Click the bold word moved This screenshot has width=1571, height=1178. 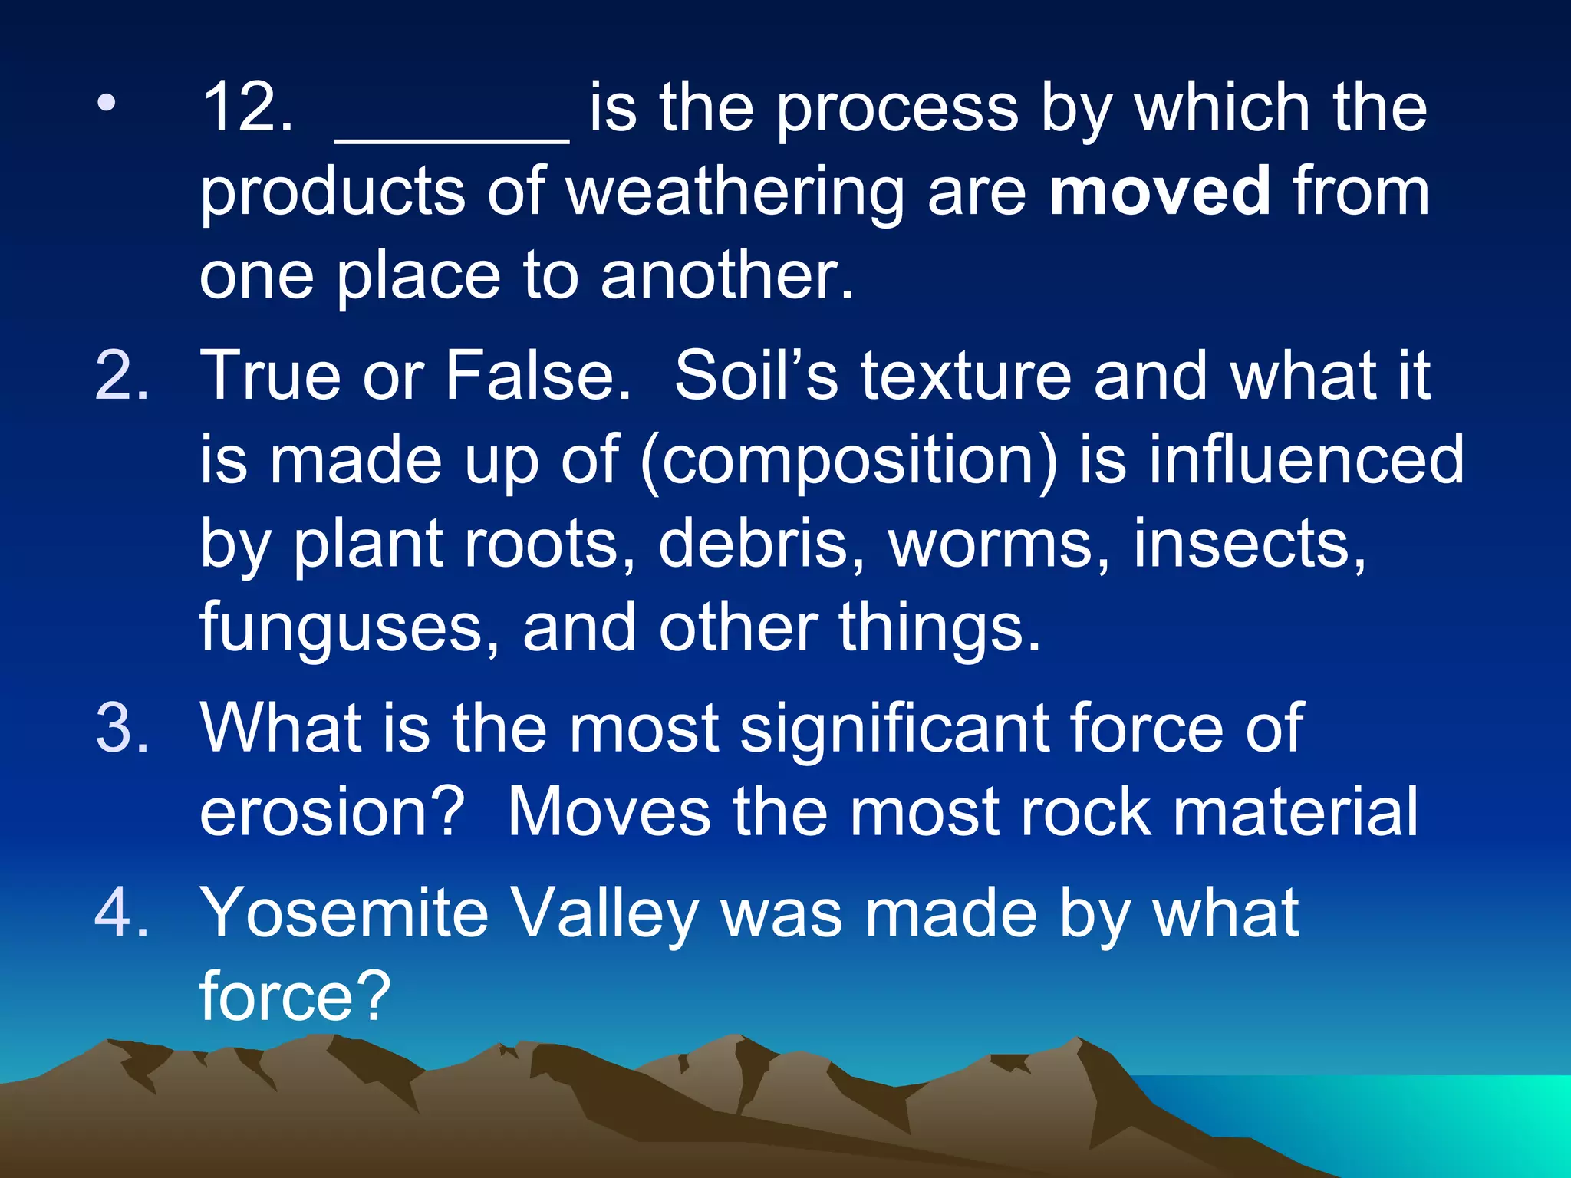1159,191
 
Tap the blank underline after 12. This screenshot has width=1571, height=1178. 452,138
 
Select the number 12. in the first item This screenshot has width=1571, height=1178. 248,108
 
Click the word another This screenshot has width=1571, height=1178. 726,275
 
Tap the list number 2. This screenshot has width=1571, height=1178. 122,376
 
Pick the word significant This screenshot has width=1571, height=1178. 893,729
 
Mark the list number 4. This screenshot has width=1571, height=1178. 122,913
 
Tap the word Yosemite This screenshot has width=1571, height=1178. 344,913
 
